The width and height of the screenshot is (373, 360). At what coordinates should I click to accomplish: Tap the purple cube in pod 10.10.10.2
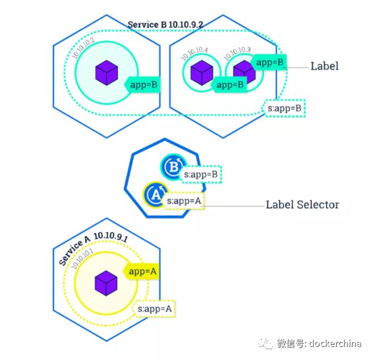coord(106,72)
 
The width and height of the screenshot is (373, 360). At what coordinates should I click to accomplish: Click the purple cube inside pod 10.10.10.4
coord(201,73)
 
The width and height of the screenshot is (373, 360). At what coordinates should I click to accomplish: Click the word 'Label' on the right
coord(324,66)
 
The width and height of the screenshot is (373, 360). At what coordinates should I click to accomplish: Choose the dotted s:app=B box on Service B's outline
coord(286,107)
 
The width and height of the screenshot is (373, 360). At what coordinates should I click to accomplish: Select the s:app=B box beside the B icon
coord(201,174)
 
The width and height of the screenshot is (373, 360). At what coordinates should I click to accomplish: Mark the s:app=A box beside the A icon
coord(185,200)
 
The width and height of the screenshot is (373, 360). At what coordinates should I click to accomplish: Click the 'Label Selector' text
coord(302,204)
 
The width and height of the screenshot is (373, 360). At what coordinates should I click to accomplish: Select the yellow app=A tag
coord(142,271)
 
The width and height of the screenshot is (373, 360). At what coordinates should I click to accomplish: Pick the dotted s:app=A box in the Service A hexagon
coord(154,308)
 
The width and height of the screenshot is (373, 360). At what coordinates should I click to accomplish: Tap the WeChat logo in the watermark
coord(266,343)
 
